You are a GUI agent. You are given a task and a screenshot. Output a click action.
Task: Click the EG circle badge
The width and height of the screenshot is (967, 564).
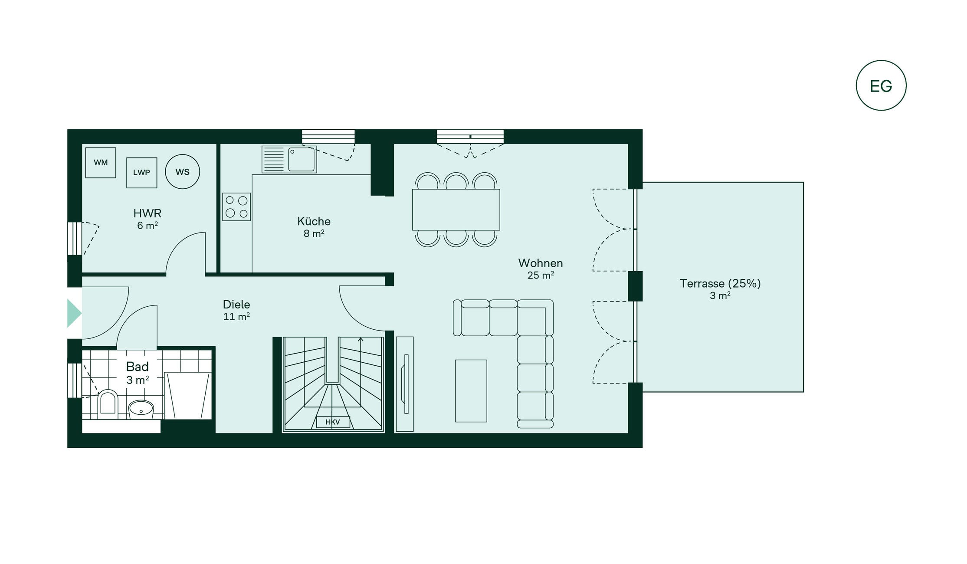point(881,85)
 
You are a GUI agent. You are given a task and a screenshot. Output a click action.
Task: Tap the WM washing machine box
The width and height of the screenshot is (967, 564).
point(101,163)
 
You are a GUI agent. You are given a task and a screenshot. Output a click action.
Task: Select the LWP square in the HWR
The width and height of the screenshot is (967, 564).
point(141,173)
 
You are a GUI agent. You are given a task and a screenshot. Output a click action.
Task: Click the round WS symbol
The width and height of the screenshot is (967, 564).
point(183,172)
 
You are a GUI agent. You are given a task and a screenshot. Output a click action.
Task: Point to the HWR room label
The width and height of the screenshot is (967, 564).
point(148,213)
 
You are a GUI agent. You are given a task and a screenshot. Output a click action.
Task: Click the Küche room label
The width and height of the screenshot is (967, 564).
point(314,221)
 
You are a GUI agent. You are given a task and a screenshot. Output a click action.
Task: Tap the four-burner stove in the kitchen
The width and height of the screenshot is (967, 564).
point(236,207)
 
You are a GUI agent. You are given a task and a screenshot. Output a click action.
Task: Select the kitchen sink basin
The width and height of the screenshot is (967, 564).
point(302,160)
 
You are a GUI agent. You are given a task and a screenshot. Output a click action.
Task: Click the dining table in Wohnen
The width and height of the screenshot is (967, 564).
point(456,210)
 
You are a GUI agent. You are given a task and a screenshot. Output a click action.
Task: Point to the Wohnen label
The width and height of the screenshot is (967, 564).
point(541,263)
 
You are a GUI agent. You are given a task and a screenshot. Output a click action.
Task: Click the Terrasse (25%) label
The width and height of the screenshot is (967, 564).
point(720,284)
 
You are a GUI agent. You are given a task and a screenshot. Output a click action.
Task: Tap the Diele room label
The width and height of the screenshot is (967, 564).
point(236,305)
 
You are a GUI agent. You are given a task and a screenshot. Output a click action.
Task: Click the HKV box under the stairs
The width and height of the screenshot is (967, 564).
point(333,422)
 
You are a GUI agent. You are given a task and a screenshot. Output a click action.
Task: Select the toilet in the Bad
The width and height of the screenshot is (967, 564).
point(108,403)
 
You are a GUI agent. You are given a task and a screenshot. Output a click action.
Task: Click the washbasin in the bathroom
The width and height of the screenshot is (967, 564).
point(141,409)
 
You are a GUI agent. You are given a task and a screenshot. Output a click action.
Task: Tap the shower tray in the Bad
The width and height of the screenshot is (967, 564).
point(188,395)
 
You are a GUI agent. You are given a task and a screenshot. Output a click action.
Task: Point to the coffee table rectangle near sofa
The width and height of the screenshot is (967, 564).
point(471,391)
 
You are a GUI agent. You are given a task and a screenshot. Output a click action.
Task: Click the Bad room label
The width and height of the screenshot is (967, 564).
point(138,367)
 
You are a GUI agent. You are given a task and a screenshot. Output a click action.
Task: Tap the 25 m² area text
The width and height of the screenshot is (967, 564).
point(541,275)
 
